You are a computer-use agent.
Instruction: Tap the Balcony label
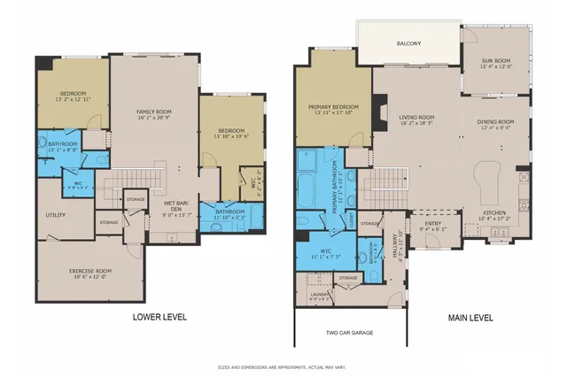[408, 42]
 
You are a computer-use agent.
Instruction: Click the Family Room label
[153, 110]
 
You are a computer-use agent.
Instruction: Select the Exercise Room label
[91, 270]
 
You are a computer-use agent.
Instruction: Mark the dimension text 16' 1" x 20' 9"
[153, 117]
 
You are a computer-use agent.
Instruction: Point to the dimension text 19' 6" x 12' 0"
[91, 276]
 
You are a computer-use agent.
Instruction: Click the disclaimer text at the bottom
[283, 366]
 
